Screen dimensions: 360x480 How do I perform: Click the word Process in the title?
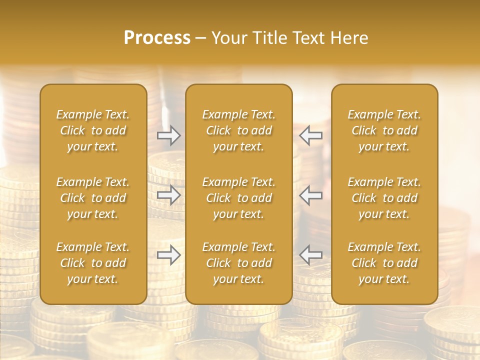pyautogui.click(x=157, y=38)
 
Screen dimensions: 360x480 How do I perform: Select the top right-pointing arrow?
pyautogui.click(x=168, y=135)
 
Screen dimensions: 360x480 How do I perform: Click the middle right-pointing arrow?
pyautogui.click(x=168, y=195)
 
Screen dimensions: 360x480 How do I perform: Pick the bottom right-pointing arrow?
pyautogui.click(x=168, y=255)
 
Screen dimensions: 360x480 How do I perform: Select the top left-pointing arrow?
pyautogui.click(x=311, y=135)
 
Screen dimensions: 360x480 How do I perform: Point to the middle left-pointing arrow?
pyautogui.click(x=311, y=195)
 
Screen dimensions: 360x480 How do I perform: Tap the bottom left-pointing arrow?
pyautogui.click(x=311, y=255)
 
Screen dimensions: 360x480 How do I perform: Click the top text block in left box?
pyautogui.click(x=93, y=130)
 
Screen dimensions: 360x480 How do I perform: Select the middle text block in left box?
pyautogui.click(x=93, y=198)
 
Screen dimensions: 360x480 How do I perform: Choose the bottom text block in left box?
pyautogui.click(x=93, y=263)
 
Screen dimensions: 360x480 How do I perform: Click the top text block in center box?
pyautogui.click(x=239, y=130)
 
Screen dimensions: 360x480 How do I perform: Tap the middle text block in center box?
pyautogui.click(x=239, y=198)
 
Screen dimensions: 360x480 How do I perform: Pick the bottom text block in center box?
pyautogui.click(x=239, y=263)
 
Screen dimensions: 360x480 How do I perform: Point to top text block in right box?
pyautogui.click(x=384, y=130)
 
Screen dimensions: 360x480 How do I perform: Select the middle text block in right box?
pyautogui.click(x=384, y=198)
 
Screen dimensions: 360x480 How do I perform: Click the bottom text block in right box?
pyautogui.click(x=384, y=263)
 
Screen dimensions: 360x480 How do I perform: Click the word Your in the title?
pyautogui.click(x=228, y=38)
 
